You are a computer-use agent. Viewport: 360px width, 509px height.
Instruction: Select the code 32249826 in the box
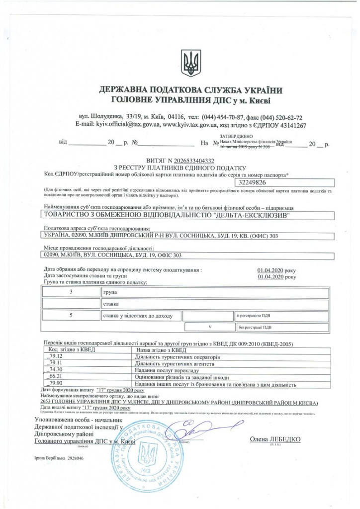coord(254,183)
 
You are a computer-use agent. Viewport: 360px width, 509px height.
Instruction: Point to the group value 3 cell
coord(71,292)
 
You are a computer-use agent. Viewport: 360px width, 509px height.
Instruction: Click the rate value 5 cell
coord(71,315)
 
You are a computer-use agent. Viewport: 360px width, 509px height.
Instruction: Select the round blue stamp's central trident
coord(146,455)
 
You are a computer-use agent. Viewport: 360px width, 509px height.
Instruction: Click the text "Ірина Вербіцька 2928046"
coord(59,458)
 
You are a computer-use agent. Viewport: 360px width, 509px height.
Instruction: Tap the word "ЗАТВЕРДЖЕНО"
coord(236,136)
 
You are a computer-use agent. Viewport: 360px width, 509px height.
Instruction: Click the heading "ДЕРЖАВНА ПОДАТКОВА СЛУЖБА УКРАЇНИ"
coord(190,90)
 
